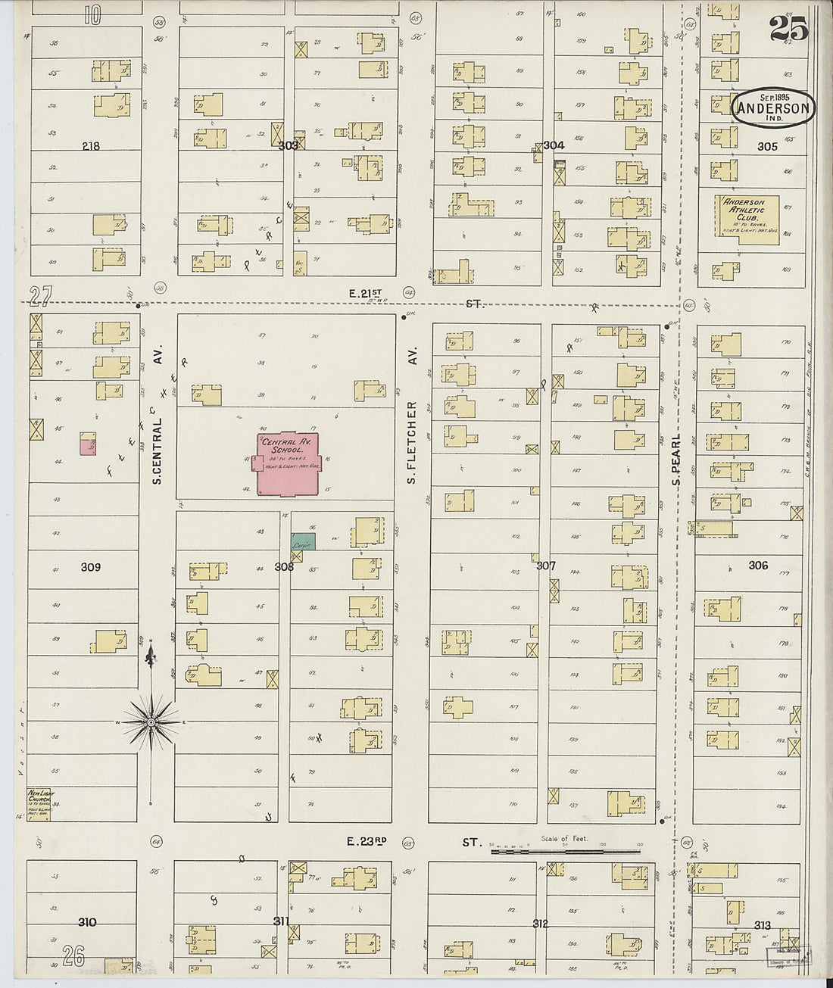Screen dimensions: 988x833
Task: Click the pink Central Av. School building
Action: pyautogui.click(x=288, y=466)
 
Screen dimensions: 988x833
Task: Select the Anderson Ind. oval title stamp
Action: pyautogui.click(x=773, y=108)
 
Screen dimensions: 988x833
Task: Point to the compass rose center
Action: pyautogui.click(x=151, y=722)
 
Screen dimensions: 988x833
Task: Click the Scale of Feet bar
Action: pyautogui.click(x=565, y=850)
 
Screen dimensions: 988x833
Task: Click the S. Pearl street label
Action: pyautogui.click(x=676, y=459)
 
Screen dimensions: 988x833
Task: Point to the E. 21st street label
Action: pyautogui.click(x=366, y=293)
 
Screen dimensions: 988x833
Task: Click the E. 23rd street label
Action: pyautogui.click(x=367, y=841)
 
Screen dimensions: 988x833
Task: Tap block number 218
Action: pyautogui.click(x=90, y=145)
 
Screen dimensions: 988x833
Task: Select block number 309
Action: pyautogui.click(x=90, y=566)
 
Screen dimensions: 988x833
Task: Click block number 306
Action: pyautogui.click(x=758, y=565)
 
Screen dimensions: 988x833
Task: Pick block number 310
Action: pyautogui.click(x=87, y=922)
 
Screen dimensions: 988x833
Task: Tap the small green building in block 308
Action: pyautogui.click(x=304, y=541)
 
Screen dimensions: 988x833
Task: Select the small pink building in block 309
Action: pyautogui.click(x=89, y=444)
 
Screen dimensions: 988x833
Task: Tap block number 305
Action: pyautogui.click(x=767, y=146)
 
